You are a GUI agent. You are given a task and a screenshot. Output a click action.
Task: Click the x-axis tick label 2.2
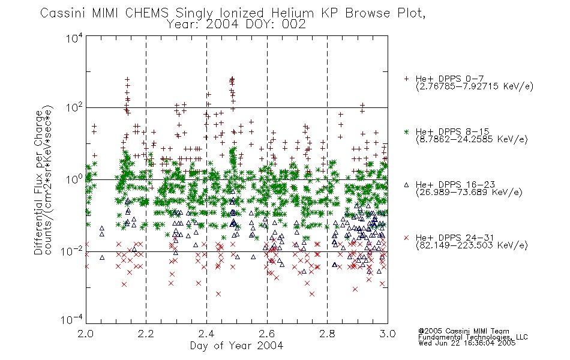[x=146, y=334]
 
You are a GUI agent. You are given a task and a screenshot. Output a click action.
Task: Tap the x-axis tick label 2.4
[x=206, y=334]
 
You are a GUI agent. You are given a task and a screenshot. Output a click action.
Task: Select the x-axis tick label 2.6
[x=267, y=334]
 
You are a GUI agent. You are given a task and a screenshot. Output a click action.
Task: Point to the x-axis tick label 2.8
[x=327, y=334]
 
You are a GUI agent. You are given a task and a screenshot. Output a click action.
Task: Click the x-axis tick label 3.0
[x=388, y=334]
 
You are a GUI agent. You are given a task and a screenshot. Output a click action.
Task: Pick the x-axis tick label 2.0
[x=85, y=334]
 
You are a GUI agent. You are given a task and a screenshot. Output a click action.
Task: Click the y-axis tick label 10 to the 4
[x=74, y=38]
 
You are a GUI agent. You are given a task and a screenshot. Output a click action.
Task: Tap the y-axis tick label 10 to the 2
[x=74, y=107]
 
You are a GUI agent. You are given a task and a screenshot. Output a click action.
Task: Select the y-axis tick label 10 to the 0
[x=74, y=179]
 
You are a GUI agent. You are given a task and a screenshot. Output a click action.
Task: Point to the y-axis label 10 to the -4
[x=72, y=319]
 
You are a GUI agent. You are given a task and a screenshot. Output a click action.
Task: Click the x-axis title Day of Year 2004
[x=236, y=346]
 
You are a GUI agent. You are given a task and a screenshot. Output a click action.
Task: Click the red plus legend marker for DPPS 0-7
[x=406, y=79]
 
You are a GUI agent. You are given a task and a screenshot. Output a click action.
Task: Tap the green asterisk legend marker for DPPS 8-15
[x=406, y=131]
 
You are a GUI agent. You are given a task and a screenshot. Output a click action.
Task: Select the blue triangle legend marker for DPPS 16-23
[x=406, y=185]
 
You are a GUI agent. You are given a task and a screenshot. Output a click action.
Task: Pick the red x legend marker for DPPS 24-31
[x=406, y=238]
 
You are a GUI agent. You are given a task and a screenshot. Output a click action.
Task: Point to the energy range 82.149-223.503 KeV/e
[x=472, y=245]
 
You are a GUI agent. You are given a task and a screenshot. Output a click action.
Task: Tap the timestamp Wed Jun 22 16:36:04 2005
[x=467, y=343]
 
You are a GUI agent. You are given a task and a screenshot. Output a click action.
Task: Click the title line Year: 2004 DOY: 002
[x=236, y=25]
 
